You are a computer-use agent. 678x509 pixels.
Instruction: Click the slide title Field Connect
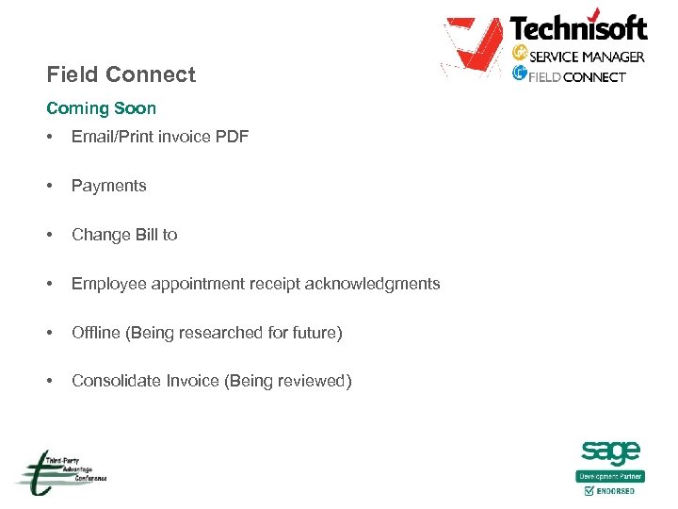tap(121, 74)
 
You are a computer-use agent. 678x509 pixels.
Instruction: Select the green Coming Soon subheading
tap(101, 108)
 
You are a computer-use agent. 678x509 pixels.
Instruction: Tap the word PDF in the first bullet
tap(232, 137)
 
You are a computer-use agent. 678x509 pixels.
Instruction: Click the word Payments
tap(109, 186)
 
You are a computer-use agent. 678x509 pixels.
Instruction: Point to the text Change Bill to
tap(124, 235)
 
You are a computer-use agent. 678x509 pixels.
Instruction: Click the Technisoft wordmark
tap(578, 27)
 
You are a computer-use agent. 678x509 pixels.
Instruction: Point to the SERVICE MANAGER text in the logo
tap(587, 57)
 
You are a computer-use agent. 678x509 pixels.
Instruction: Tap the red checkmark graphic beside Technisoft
tap(473, 46)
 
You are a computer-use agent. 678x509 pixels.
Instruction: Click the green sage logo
tap(611, 452)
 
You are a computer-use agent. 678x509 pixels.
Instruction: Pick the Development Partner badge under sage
tap(611, 476)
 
